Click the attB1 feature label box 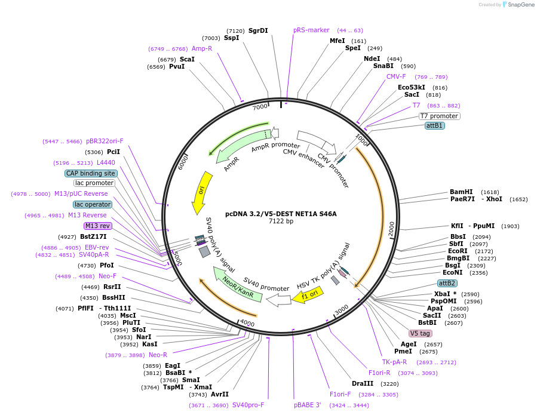[434, 125]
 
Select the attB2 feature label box [447, 283]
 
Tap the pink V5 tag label [420, 333]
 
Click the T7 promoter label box [439, 116]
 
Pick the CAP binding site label [91, 173]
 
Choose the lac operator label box [93, 204]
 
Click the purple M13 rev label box [97, 226]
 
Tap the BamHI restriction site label [461, 192]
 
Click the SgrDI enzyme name [258, 30]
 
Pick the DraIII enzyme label [363, 383]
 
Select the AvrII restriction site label [220, 394]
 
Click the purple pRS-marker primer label [311, 30]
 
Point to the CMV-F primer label [396, 76]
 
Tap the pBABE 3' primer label [308, 404]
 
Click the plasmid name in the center [281, 213]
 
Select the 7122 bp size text [281, 221]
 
